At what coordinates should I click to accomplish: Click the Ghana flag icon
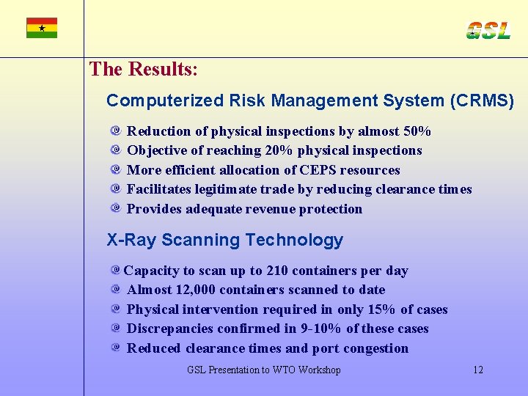[42, 28]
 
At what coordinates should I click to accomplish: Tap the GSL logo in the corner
[488, 30]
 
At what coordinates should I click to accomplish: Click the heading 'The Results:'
[143, 70]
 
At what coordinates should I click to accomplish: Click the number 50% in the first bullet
[417, 131]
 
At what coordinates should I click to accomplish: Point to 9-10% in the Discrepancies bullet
[321, 329]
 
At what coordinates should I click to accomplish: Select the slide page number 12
[477, 370]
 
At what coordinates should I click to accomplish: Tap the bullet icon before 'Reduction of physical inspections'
[116, 131]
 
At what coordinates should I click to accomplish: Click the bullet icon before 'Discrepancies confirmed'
[116, 329]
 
